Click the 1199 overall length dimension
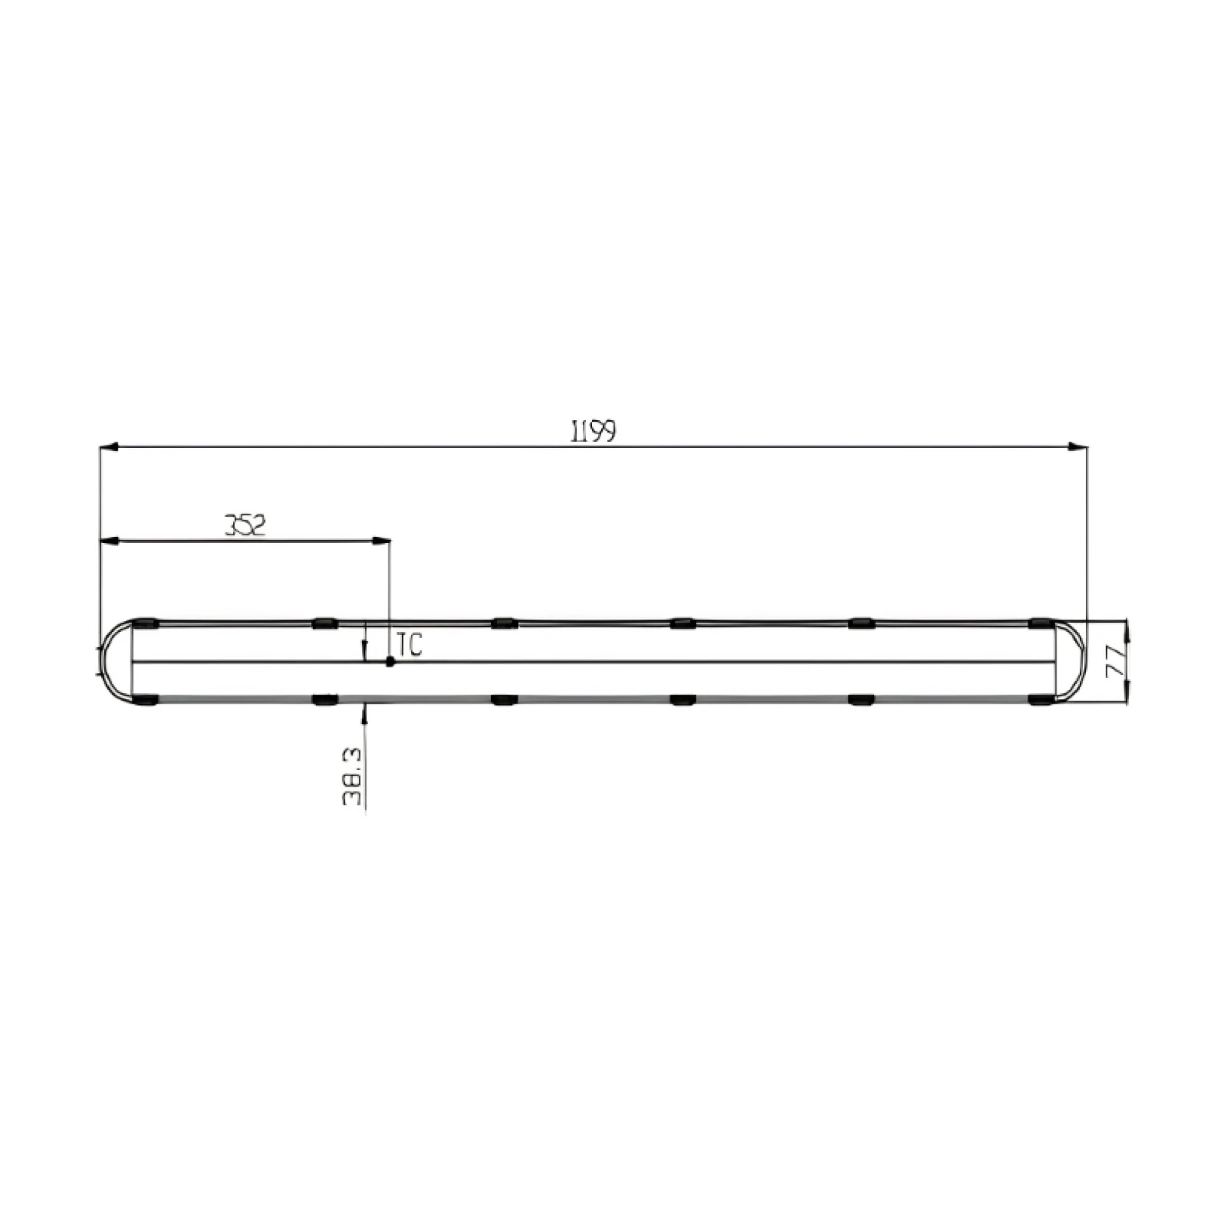[594, 433]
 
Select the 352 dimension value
[245, 525]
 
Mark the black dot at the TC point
[390, 661]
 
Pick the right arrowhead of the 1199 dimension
[1078, 446]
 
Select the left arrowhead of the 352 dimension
[109, 541]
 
